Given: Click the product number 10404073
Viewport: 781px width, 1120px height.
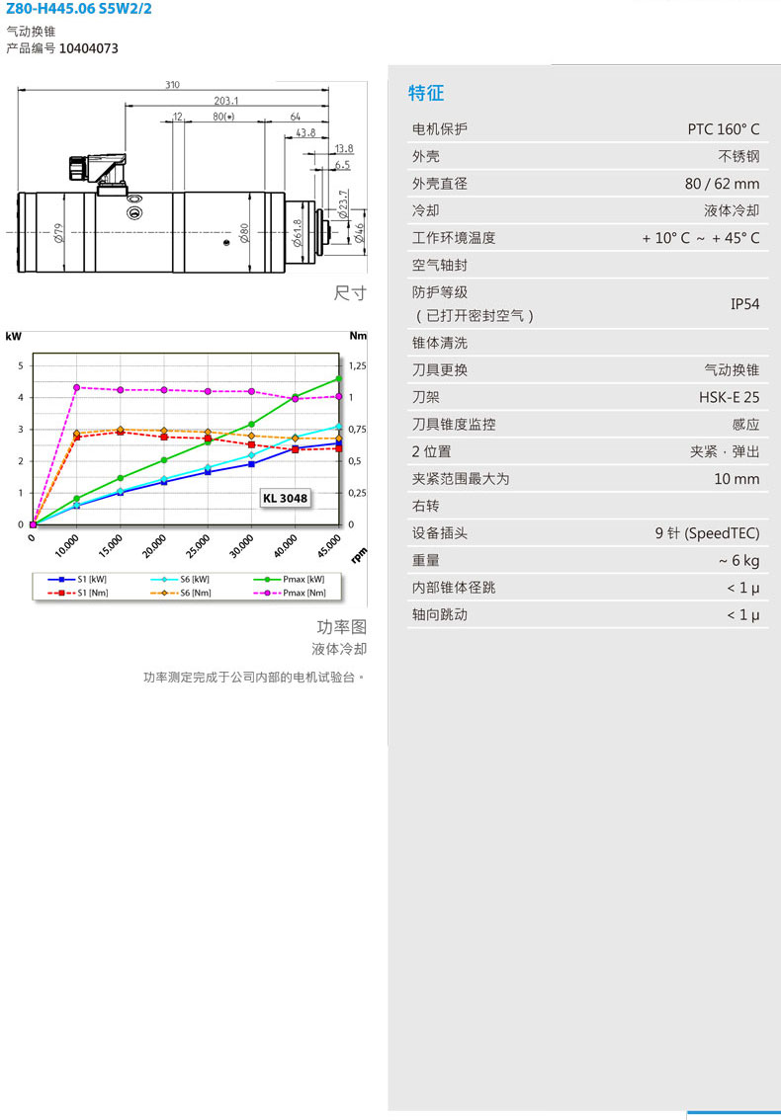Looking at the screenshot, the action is [x=89, y=48].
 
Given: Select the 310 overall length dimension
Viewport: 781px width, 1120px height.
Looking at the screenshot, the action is [x=172, y=84].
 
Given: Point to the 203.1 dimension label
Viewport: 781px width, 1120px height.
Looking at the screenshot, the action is [x=226, y=101].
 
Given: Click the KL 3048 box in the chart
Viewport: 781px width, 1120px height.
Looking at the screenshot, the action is [x=286, y=498].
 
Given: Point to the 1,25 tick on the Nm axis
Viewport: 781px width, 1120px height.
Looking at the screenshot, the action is [x=357, y=365].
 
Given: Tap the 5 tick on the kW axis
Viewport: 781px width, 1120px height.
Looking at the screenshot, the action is [x=21, y=365].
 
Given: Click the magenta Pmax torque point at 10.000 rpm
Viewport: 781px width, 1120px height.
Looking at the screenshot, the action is [x=76, y=387].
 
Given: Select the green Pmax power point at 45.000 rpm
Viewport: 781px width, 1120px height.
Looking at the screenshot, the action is [x=339, y=378].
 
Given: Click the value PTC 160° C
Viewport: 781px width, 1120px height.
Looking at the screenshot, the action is [x=723, y=129].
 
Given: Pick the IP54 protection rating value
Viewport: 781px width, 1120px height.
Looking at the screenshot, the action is [x=744, y=304].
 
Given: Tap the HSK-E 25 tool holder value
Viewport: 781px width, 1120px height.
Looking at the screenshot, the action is [x=729, y=397].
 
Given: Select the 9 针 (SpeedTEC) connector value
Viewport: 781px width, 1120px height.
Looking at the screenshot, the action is [x=707, y=533].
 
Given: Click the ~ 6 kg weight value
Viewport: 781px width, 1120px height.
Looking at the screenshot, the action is [x=738, y=561].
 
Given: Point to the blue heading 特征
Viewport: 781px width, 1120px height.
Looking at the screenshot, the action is [x=426, y=93].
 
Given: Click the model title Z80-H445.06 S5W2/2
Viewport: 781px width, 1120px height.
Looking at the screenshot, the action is [x=79, y=9].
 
